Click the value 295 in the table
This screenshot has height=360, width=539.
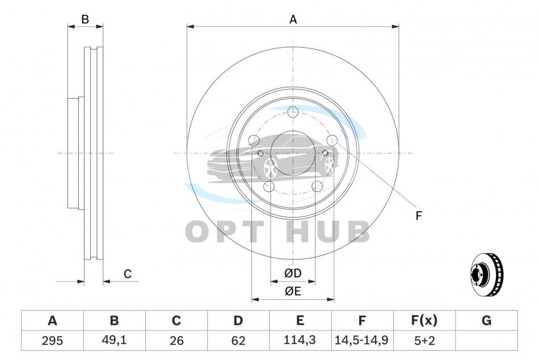pos(52,341)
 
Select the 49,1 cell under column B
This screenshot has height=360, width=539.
pos(114,340)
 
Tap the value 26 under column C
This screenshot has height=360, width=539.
pos(176,341)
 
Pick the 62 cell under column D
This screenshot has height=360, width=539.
pos(238,341)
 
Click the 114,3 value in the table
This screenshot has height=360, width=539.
pos(300,340)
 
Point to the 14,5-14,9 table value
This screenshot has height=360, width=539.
pos(361,340)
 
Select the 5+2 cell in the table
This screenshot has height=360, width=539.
pos(424,341)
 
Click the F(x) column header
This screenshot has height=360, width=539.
pos(424,320)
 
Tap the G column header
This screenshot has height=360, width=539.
pos(486,320)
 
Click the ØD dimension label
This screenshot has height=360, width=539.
pos(293,273)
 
